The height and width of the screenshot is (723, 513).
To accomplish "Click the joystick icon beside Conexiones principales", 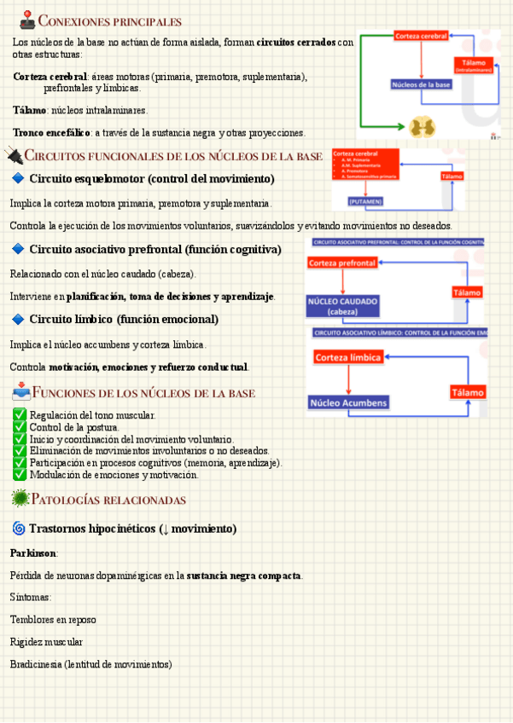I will pyautogui.click(x=27, y=20).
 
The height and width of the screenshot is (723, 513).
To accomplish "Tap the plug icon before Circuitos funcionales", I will pyautogui.click(x=14, y=155).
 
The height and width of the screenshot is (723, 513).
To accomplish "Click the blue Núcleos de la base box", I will pyautogui.click(x=422, y=84).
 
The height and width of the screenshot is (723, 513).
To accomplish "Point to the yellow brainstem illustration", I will pyautogui.click(x=421, y=126).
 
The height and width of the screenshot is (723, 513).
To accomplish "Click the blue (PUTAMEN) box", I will pyautogui.click(x=365, y=201).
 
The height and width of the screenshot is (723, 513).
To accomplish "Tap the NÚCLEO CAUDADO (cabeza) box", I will pyautogui.click(x=342, y=306).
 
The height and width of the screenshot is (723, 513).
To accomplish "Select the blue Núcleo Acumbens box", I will pyautogui.click(x=348, y=402).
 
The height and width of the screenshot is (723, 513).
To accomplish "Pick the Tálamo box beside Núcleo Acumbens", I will pyautogui.click(x=467, y=392).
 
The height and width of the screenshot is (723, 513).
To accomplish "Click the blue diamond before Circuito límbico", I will pyautogui.click(x=18, y=319).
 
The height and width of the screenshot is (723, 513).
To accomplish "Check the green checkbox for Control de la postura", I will pyautogui.click(x=20, y=427).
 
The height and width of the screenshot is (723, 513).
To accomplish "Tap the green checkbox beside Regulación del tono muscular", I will pyautogui.click(x=20, y=415).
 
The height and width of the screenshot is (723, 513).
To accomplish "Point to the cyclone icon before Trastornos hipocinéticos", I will pyautogui.click(x=18, y=529).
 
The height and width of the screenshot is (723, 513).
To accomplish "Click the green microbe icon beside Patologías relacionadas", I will pyautogui.click(x=20, y=499).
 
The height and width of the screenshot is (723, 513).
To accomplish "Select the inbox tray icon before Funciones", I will pyautogui.click(x=21, y=393).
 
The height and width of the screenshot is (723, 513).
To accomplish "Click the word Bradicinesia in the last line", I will pyautogui.click(x=35, y=664).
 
